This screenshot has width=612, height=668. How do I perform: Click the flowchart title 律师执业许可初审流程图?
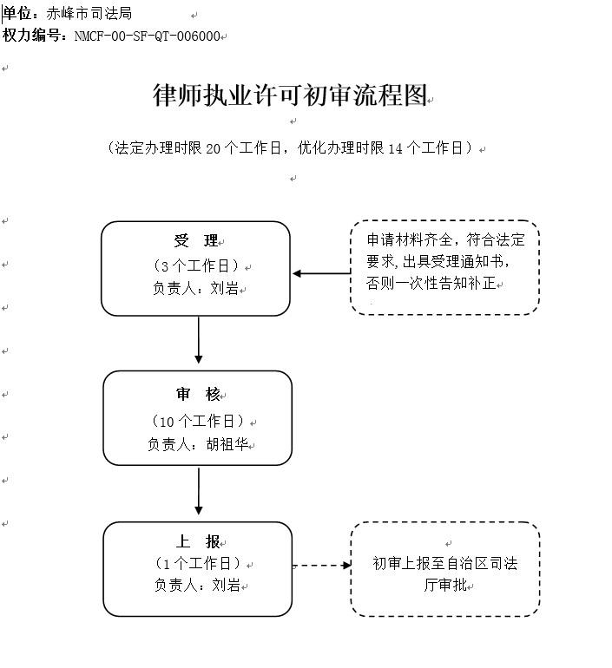290,95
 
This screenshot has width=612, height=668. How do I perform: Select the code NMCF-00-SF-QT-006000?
148,36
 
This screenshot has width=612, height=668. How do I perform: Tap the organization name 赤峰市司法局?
89,14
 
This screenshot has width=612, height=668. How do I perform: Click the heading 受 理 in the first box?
196,240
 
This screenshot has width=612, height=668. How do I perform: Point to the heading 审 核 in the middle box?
198,394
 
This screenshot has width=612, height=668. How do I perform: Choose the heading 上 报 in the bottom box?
198,541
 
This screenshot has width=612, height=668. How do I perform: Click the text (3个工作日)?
196,265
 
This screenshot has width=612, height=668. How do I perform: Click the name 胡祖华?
227,444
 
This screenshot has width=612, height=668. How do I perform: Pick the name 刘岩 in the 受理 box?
225,288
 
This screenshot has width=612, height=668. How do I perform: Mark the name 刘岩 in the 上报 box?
227,585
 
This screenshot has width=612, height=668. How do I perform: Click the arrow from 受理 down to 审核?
199,339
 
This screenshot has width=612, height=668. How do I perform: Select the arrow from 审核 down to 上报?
199,491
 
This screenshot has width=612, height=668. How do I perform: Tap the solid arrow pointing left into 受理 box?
321,273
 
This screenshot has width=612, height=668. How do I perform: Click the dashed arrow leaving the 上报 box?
322,566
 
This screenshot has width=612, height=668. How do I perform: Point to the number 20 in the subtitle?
213,148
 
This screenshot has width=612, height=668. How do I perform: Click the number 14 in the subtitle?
396,148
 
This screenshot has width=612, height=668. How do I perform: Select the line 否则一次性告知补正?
431,283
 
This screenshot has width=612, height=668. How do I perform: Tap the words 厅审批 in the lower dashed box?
445,585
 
